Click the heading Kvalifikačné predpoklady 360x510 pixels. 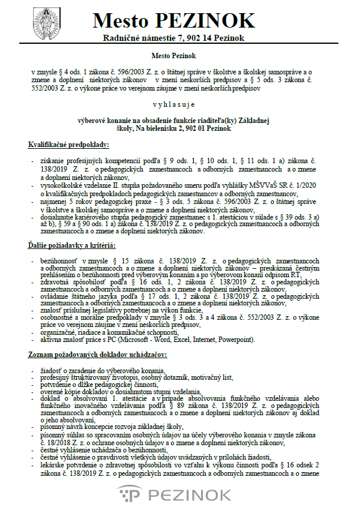click(68, 145)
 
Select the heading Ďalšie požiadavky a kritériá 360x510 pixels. click(72, 246)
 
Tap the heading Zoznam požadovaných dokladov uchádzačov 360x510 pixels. click(98, 356)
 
